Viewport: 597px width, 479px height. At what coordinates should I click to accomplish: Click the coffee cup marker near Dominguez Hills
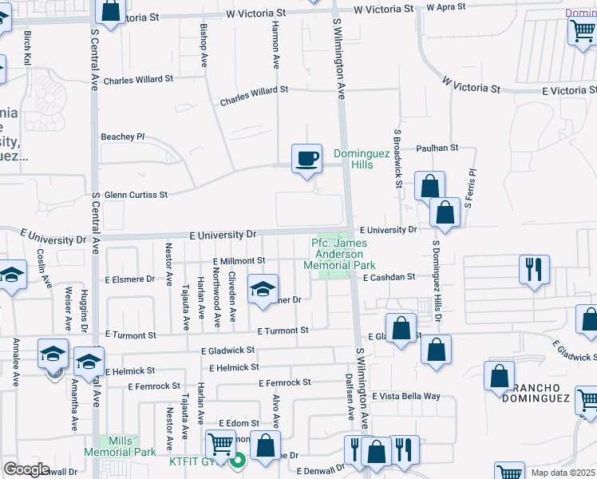(306, 158)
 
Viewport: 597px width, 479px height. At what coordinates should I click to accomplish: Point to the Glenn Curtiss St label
(136, 194)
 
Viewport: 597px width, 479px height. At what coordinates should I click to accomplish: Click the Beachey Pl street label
(122, 137)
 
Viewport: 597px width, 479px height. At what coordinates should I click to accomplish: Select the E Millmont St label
(239, 260)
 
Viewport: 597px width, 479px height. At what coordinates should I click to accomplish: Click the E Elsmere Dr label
(129, 279)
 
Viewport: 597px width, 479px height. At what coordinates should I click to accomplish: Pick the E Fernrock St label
(284, 382)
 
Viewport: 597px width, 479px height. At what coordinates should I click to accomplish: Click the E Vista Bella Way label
(412, 396)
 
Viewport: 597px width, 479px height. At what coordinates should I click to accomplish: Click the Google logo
(26, 469)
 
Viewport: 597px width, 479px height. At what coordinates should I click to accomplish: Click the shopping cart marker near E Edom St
(220, 443)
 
